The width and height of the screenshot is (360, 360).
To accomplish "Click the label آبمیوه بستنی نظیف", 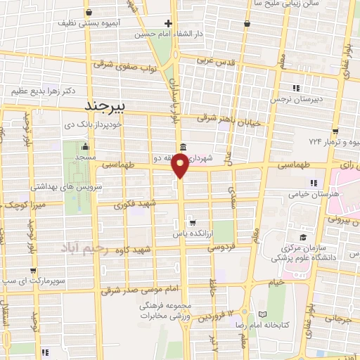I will coord(89,23).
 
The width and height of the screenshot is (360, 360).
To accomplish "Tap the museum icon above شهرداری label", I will coord(183,147).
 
